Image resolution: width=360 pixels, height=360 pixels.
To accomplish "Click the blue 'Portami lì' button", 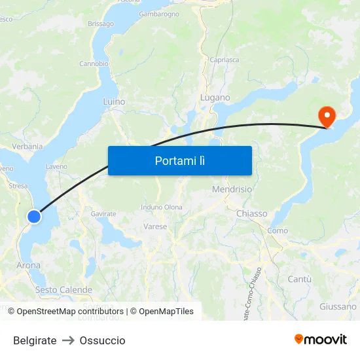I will point(179,160).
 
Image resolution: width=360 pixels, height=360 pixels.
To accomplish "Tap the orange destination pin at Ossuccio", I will point(326,116).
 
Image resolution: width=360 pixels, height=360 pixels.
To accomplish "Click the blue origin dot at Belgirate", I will point(34,216).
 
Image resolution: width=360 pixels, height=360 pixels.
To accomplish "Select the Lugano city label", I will point(215,98).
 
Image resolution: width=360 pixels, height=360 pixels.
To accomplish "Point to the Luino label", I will point(114,102).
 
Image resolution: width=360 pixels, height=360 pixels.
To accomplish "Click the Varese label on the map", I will point(155,226).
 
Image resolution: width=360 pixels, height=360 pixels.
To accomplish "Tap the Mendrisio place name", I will point(232,189).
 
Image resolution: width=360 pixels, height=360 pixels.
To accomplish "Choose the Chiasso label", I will point(251,213).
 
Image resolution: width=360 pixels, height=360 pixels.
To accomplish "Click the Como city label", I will point(278,230).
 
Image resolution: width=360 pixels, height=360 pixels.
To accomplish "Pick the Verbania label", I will point(27,147).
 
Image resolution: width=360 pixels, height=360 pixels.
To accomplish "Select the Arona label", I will point(28,266).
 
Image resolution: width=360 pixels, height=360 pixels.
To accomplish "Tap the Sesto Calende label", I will point(63,289).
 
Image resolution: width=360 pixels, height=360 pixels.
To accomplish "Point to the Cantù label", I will point(300,279).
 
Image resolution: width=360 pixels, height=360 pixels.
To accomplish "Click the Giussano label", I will point(338,306).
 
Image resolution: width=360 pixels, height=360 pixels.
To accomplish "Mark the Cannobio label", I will point(94,63).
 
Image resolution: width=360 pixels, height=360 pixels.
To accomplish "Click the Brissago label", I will point(101,24).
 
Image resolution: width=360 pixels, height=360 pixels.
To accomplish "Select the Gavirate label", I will point(103,214).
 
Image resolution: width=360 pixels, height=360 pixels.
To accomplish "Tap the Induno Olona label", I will point(162,207).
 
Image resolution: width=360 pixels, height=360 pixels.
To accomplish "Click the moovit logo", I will point(320,340).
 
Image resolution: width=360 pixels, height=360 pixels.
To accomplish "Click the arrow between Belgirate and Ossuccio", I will point(68,340).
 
